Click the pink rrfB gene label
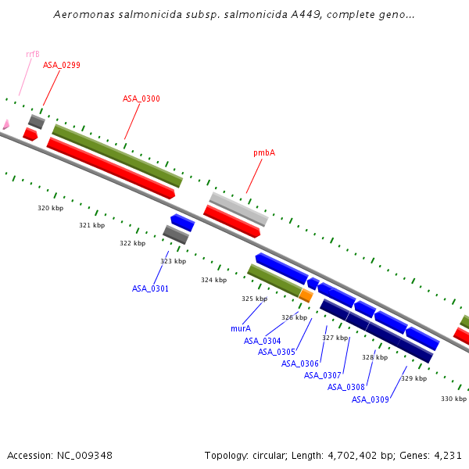pos(33,54)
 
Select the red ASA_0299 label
pos(62,65)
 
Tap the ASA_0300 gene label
pos(141,98)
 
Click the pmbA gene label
pos(264,153)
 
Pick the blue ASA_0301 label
pos(150,288)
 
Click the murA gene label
pos(241,328)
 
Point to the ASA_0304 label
pos(262,341)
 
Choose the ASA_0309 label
pos(370,399)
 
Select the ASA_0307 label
pos(323,375)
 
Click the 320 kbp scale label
pos(51,208)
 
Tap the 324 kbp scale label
pos(213,280)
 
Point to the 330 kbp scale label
pos(453,399)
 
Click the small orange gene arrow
pos(306,295)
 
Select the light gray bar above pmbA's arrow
pos(238,209)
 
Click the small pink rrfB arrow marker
pos(5,124)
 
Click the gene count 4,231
pos(448,455)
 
